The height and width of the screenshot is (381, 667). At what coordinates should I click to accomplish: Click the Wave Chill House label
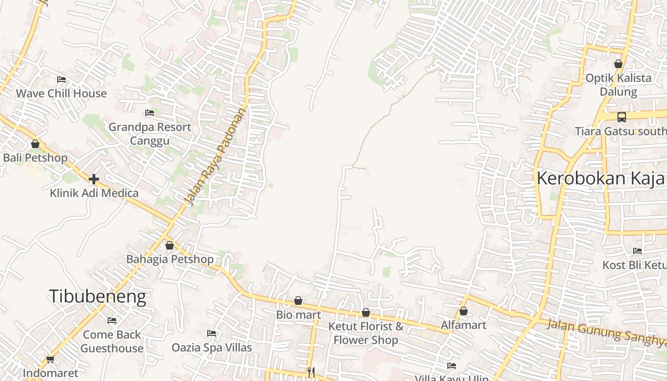[x=61, y=93]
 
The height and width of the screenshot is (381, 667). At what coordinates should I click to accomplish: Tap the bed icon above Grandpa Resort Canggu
[x=150, y=113]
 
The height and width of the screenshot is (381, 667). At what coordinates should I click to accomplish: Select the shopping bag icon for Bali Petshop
[x=35, y=144]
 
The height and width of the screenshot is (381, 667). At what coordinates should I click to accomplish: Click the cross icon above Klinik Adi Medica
[x=94, y=179]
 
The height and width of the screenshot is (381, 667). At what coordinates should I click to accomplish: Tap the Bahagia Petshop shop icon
[x=170, y=246]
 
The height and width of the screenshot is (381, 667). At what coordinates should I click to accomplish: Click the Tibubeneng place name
[x=97, y=297]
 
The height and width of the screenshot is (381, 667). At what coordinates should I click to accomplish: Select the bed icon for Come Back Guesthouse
[x=112, y=321]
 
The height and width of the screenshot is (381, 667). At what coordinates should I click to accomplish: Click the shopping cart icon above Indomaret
[x=51, y=360]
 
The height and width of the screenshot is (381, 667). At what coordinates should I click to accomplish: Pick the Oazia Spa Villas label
[x=212, y=348]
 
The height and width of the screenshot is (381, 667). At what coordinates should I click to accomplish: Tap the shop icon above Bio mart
[x=298, y=301]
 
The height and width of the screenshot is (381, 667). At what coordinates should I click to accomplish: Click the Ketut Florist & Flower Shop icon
[x=366, y=313]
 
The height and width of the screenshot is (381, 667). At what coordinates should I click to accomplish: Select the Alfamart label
[x=463, y=325]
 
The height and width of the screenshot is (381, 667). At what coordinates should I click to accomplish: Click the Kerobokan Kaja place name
[x=600, y=179]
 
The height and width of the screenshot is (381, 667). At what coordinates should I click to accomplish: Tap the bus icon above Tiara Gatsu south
[x=622, y=117]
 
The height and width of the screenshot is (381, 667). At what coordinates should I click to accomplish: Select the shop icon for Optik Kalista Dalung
[x=618, y=64]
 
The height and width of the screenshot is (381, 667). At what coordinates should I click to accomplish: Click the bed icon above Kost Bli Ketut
[x=637, y=251]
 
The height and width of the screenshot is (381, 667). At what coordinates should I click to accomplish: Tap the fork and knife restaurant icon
[x=311, y=372]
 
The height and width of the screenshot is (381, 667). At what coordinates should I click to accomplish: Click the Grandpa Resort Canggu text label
[x=150, y=134]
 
